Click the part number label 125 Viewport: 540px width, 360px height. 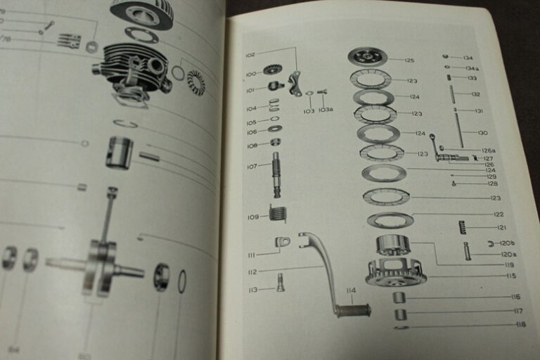tap(410, 60)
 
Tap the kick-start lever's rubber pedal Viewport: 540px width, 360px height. tap(353, 310)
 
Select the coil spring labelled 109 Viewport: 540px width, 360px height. tap(278, 212)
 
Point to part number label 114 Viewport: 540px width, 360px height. tap(350, 290)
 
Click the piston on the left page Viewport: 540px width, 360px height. tap(120, 152)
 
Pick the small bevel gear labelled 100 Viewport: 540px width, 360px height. tap(272, 70)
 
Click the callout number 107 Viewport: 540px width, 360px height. tap(252, 167)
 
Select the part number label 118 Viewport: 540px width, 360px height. tap(520, 324)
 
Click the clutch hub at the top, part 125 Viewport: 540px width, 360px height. tap(368, 56)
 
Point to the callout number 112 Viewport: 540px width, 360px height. tap(252, 271)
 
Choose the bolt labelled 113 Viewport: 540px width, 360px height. tap(280, 282)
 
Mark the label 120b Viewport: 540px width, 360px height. tap(508, 243)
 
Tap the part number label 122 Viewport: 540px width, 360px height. tap(499, 214)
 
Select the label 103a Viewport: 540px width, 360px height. tap(326, 110)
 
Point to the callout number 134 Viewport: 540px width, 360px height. tap(468, 58)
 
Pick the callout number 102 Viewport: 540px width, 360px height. tap(250, 54)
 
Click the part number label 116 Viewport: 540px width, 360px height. tap(516, 297)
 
